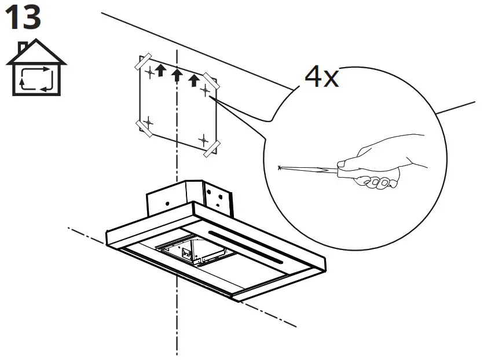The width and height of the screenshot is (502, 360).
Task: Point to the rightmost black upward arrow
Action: click(x=195, y=80)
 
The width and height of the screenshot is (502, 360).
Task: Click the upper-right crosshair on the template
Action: click(x=204, y=90)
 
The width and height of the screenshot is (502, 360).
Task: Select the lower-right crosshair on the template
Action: click(x=203, y=139)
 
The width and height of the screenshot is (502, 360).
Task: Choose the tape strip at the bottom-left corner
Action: click(x=143, y=128)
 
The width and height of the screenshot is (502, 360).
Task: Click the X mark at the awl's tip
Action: click(x=280, y=168)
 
